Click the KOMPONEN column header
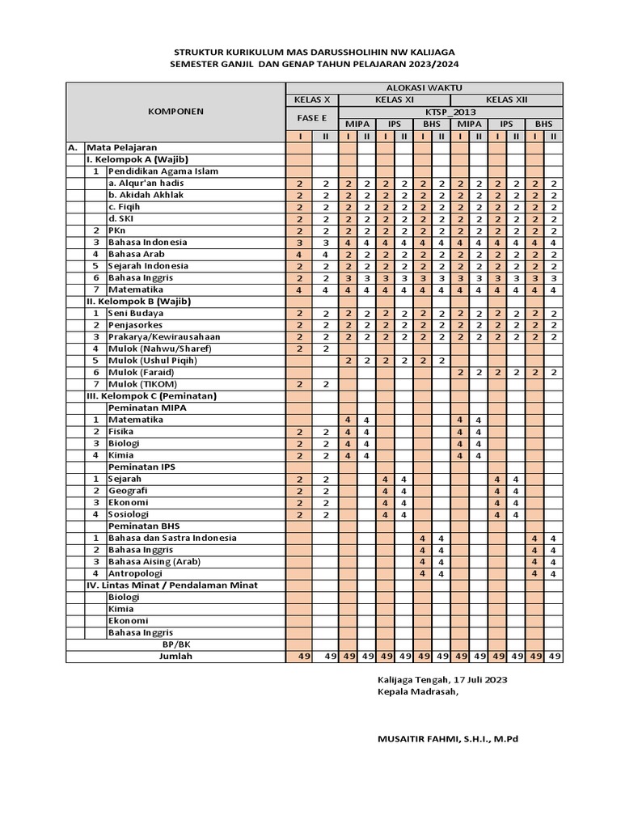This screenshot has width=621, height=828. click(x=176, y=112)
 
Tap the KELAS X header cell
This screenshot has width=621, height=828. click(x=312, y=100)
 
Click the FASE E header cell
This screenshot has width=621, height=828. click(x=312, y=118)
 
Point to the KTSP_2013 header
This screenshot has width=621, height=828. click(x=450, y=112)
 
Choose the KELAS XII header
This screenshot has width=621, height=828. click(x=506, y=100)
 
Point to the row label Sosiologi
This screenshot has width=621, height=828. click(x=133, y=514)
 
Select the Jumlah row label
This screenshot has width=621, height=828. click(x=176, y=657)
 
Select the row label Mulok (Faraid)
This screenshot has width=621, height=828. click(x=143, y=372)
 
